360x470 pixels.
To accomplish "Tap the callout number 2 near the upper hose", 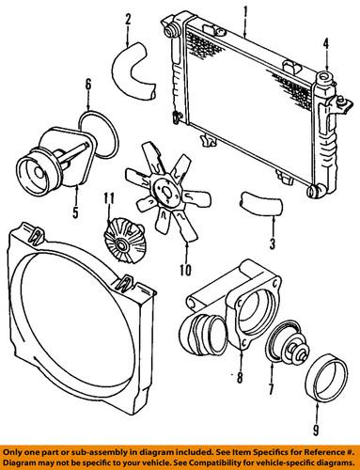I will [127, 19].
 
